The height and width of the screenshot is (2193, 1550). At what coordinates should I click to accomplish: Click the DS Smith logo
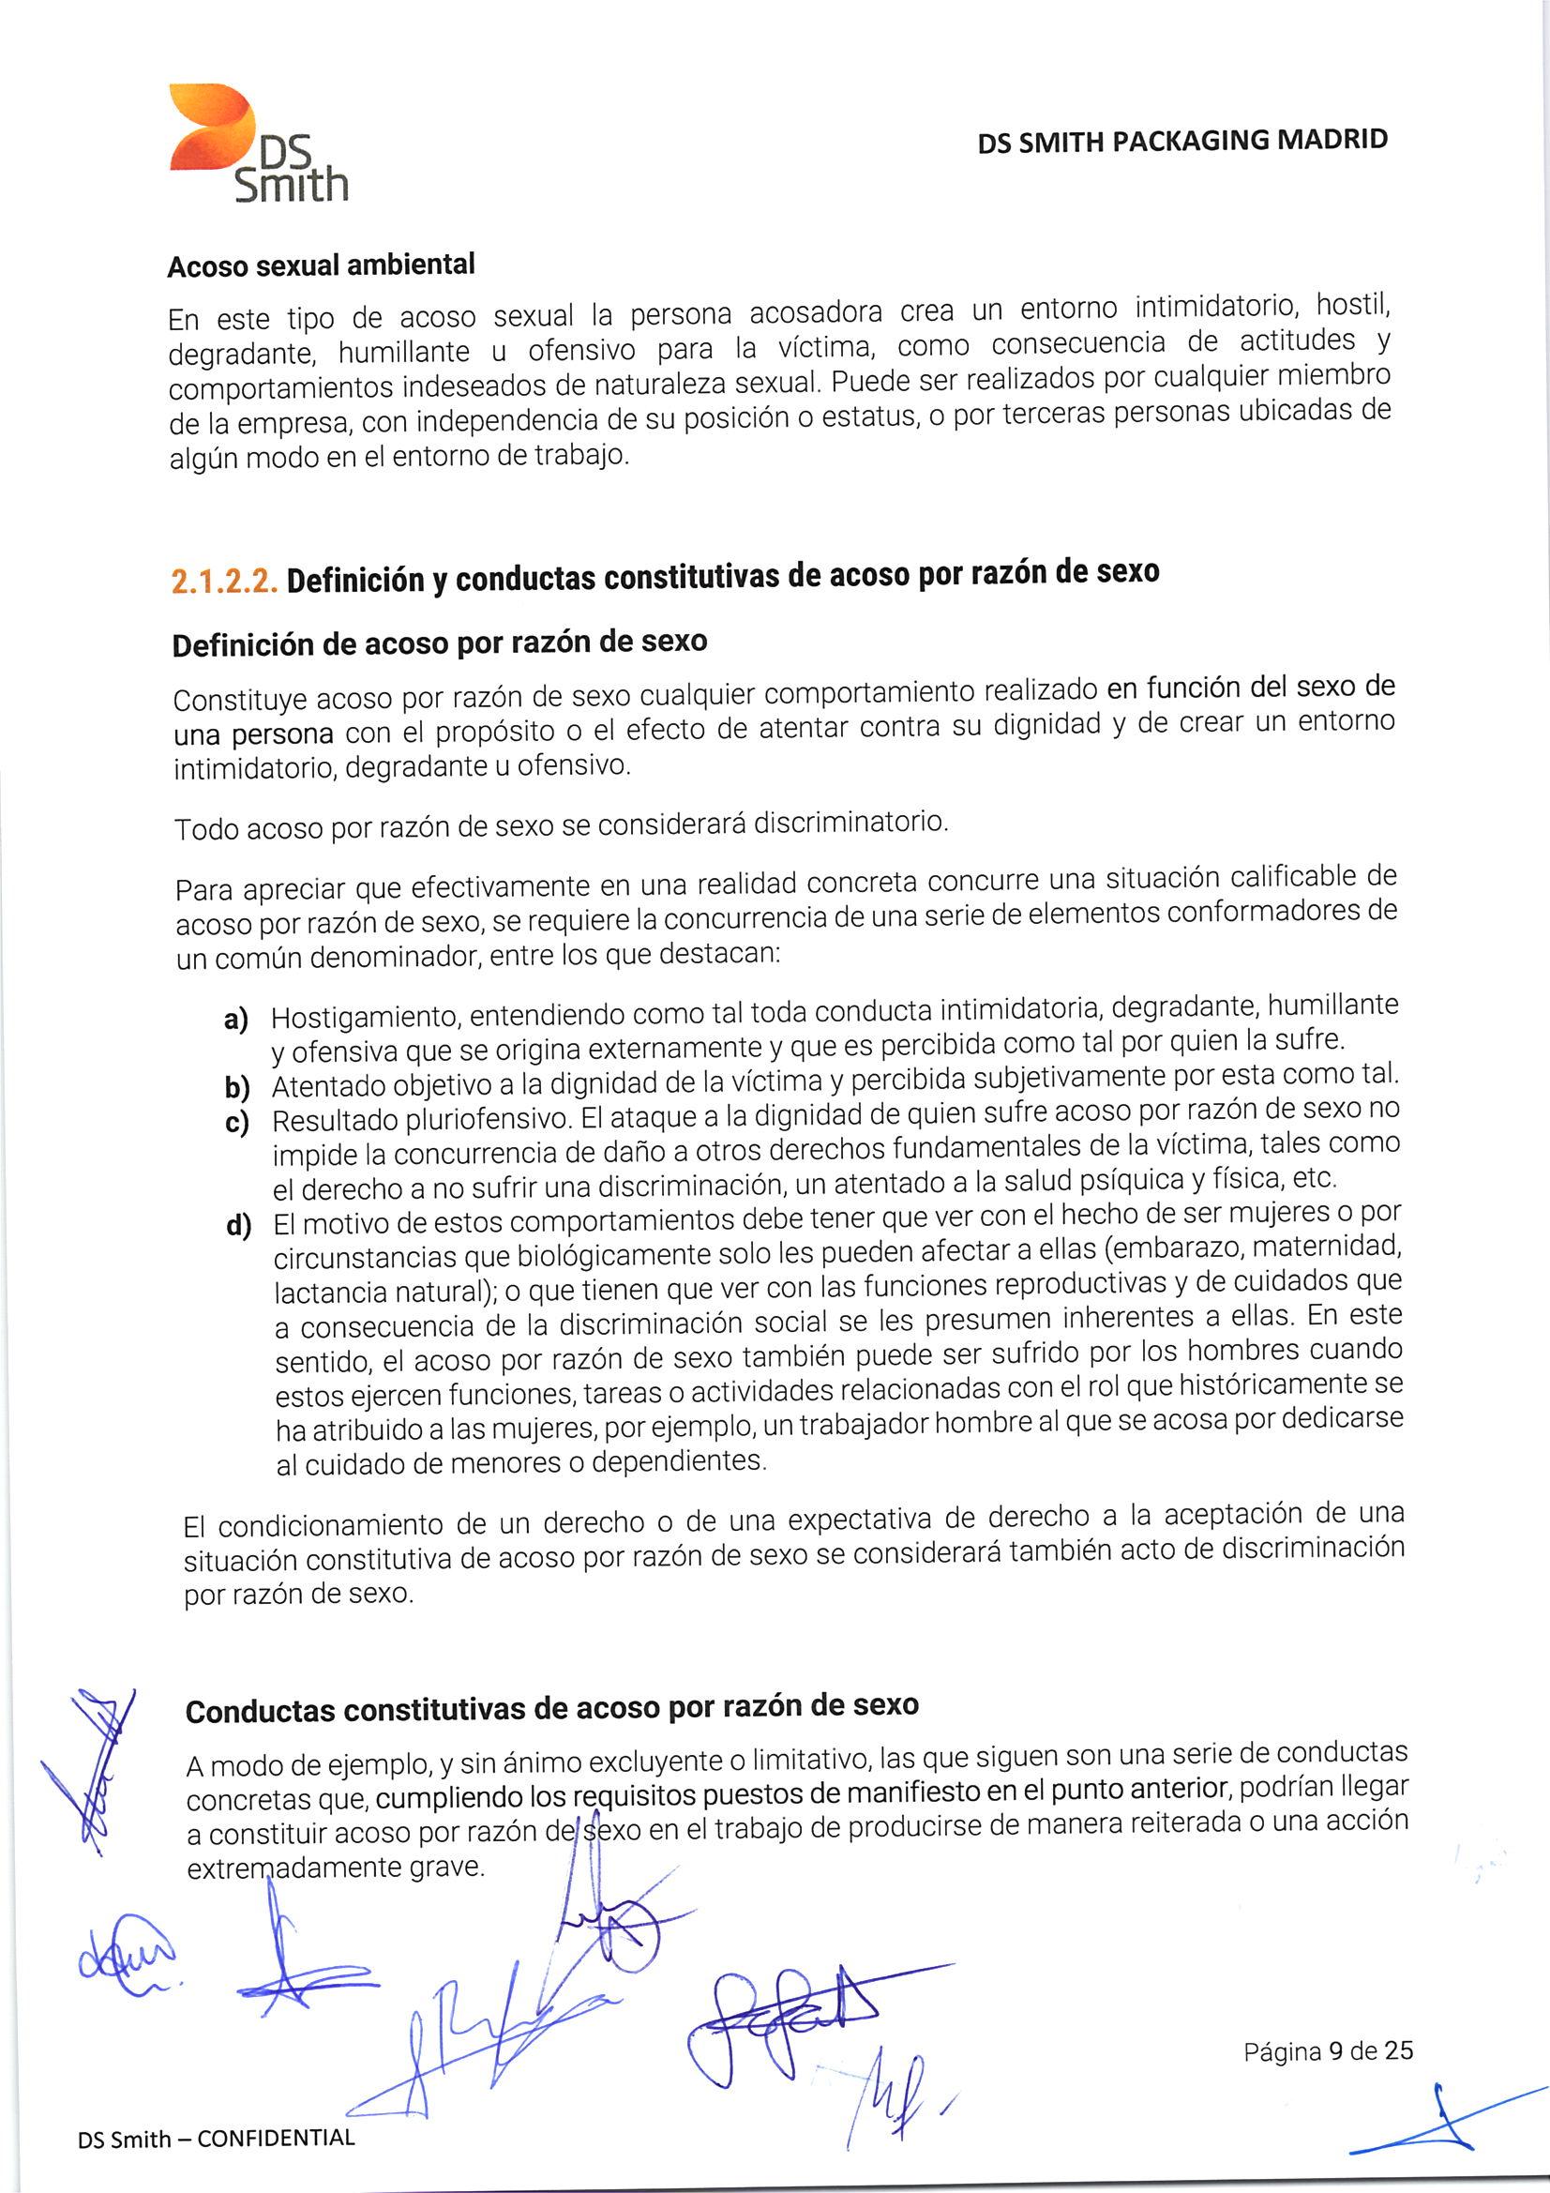point(258,144)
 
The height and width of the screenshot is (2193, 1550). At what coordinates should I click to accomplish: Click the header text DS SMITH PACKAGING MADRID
point(1181,142)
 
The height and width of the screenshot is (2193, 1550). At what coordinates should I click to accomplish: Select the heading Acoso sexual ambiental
point(321,265)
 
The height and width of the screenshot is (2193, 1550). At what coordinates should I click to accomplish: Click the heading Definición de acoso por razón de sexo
point(440,643)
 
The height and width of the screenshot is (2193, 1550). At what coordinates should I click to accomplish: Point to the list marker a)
point(236,1020)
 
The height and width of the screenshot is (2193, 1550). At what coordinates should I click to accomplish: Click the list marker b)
point(236,1087)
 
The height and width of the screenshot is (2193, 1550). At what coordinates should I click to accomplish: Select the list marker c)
point(236,1121)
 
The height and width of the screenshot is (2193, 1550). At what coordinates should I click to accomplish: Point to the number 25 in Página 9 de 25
point(1398,2049)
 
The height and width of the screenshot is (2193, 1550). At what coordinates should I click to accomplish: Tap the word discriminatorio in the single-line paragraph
point(849,822)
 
